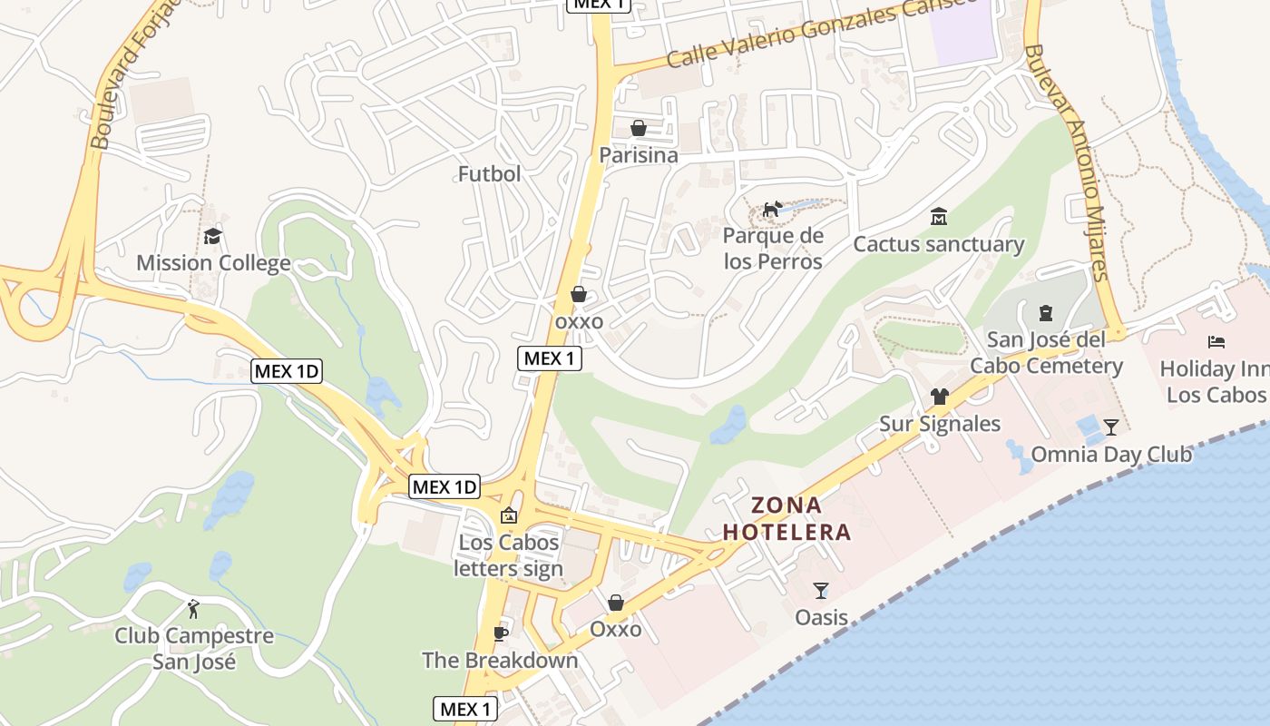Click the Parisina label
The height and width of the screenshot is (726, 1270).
[638, 155]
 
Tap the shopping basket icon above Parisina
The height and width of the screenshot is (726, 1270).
[639, 128]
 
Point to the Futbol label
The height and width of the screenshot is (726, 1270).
[489, 173]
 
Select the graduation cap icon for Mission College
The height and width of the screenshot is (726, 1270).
[213, 237]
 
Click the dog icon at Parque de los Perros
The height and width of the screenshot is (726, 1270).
[772, 210]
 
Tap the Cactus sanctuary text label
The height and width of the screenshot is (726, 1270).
[938, 244]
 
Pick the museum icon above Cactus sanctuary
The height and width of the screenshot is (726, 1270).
[939, 217]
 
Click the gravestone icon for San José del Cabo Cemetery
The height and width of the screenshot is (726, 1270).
[1045, 313]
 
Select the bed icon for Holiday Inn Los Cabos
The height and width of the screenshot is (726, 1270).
[1216, 342]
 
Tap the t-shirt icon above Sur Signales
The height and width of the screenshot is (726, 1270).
[939, 397]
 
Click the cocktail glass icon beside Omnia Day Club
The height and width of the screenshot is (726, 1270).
[1111, 427]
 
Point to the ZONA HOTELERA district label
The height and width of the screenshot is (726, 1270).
[787, 518]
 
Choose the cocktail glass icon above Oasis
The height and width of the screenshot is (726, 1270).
[821, 591]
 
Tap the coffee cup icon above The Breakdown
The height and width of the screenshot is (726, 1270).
[500, 633]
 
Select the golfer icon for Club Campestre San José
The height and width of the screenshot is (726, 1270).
[193, 608]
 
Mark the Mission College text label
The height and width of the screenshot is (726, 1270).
[213, 263]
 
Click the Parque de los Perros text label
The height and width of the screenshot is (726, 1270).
[773, 249]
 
